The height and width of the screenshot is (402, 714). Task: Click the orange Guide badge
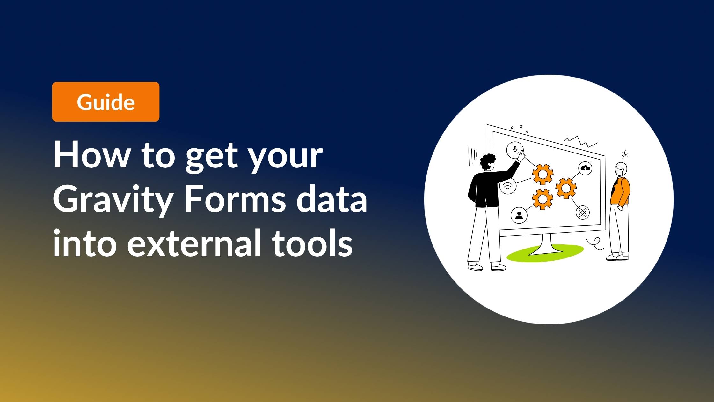pos(106,102)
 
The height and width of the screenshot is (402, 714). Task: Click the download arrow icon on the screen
pos(515,150)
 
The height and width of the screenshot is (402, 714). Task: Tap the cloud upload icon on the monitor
pos(585,168)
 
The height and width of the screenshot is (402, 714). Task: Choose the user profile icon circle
pos(519,215)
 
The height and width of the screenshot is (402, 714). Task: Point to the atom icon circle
pos(583,212)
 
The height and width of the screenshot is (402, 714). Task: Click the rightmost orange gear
pos(566,188)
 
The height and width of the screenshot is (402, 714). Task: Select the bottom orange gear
pos(543,199)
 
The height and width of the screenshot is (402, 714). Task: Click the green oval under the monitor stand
pos(545,253)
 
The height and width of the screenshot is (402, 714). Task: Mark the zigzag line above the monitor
pos(581,141)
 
